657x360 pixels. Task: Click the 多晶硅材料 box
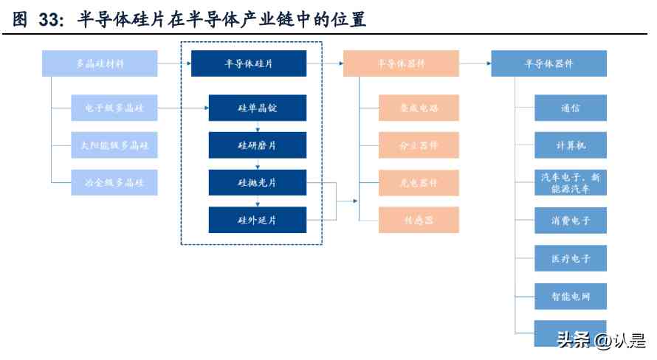100,63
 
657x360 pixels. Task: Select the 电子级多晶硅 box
114,108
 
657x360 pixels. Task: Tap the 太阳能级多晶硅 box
114,145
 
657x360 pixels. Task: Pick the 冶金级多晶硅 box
114,182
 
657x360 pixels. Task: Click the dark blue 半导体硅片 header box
249,63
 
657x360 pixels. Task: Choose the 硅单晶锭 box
258,108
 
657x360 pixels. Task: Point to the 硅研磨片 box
258,145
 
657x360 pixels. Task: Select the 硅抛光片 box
258,182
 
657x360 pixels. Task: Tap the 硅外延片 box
258,220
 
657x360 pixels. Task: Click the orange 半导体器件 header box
401,63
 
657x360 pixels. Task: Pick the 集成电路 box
419,108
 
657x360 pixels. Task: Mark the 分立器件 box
419,145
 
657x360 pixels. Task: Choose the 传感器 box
419,220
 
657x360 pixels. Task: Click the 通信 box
571,108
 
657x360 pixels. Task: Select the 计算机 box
571,145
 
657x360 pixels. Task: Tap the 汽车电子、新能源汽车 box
571,182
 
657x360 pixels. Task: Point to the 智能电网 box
571,296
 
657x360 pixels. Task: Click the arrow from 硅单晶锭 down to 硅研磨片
258,127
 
